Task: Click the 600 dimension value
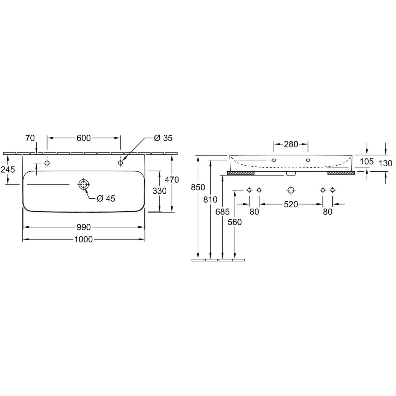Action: coord(83,138)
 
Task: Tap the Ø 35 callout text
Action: coord(163,138)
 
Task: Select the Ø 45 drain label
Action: coord(106,198)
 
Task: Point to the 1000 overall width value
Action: coord(83,239)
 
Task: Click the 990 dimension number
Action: coord(83,227)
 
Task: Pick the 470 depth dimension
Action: coord(172,180)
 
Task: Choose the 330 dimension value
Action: coord(159,191)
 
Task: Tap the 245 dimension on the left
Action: coord(8,170)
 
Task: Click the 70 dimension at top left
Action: coord(30,138)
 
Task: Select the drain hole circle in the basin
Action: coord(83,184)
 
